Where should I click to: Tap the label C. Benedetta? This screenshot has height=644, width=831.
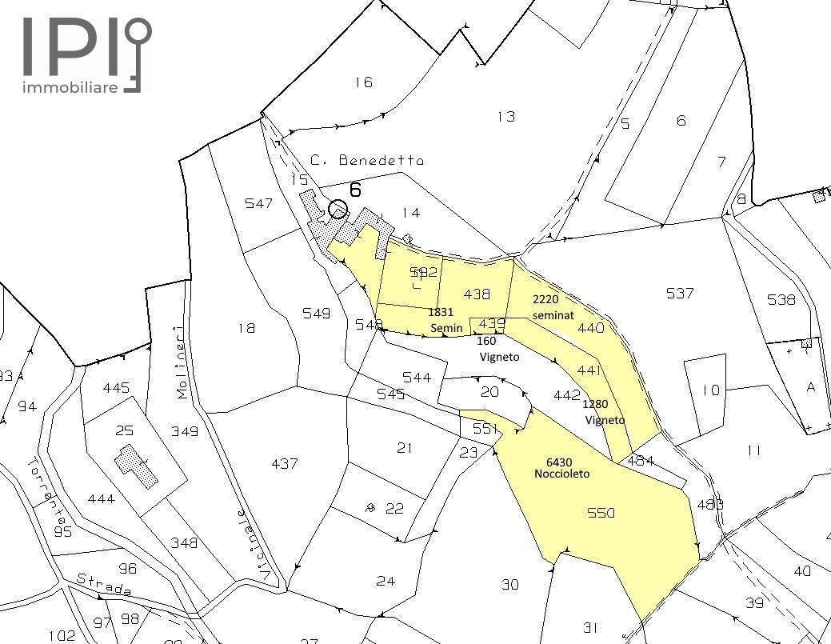coord(366,160)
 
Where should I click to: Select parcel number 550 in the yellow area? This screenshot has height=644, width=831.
coord(601,513)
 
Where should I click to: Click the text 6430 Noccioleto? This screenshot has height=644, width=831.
coord(561,467)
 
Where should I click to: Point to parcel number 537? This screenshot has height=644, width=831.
coord(679,294)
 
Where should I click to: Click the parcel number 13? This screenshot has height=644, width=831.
coord(505,117)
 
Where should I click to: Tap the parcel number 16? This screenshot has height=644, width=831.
coord(363,82)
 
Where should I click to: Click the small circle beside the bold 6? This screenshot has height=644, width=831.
coord(338,210)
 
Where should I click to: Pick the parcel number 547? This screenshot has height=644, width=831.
coord(259,203)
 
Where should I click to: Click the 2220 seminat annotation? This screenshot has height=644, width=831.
coord(553,306)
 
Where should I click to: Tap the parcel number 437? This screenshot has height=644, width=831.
coord(285,463)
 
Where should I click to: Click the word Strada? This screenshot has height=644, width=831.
coord(104,585)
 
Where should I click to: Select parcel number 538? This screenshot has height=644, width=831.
coord(781,300)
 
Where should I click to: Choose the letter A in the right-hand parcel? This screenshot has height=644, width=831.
coord(811,387)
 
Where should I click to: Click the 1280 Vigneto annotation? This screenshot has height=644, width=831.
coord(605,411)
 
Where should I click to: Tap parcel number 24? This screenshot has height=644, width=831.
coord(386,581)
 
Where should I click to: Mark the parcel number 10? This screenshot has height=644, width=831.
coord(710,390)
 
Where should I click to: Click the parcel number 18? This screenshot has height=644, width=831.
coord(246,327)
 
